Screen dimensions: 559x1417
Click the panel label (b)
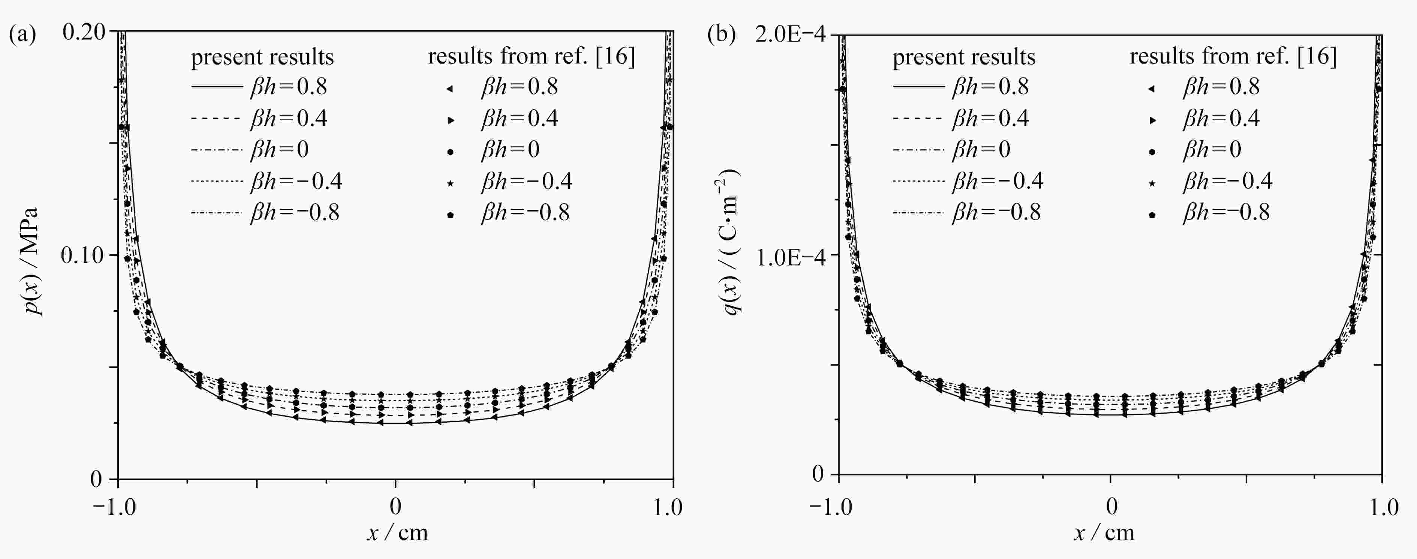[x=721, y=35]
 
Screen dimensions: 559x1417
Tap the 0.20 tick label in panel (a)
[x=84, y=32]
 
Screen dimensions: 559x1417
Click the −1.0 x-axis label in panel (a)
[x=114, y=507]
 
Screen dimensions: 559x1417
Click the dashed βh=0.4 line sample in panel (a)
[x=216, y=118]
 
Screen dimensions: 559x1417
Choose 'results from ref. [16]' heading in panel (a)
[x=532, y=57]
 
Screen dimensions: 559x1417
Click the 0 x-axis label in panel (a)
[x=395, y=507]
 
